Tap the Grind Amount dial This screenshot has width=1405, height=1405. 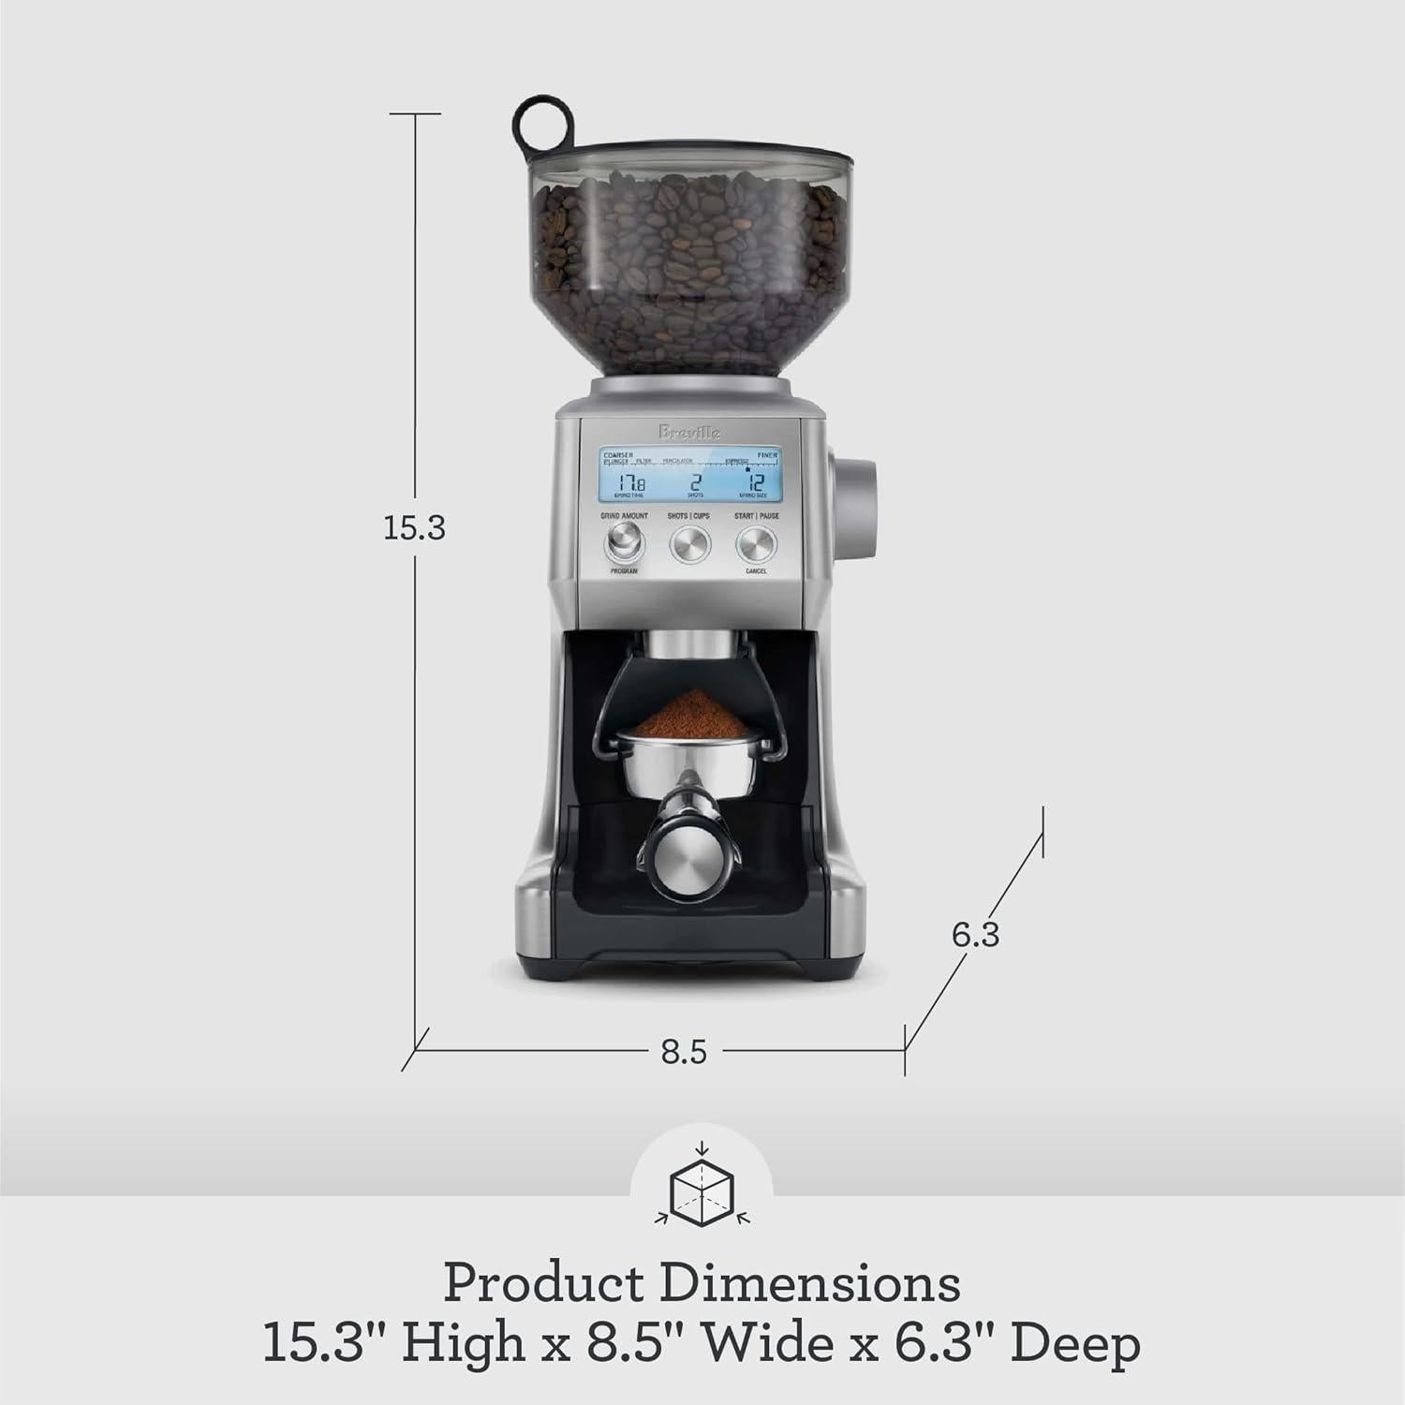[624, 543]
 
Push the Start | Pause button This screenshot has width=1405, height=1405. [756, 543]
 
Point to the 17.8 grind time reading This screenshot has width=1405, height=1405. [629, 483]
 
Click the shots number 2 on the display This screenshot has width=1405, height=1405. [695, 483]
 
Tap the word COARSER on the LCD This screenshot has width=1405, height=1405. [619, 454]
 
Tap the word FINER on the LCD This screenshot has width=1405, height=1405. [767, 454]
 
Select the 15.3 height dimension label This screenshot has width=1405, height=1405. [414, 529]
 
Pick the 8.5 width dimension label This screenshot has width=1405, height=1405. [684, 1052]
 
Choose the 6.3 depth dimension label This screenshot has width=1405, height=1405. [975, 934]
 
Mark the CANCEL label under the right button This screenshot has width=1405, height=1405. [756, 570]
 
